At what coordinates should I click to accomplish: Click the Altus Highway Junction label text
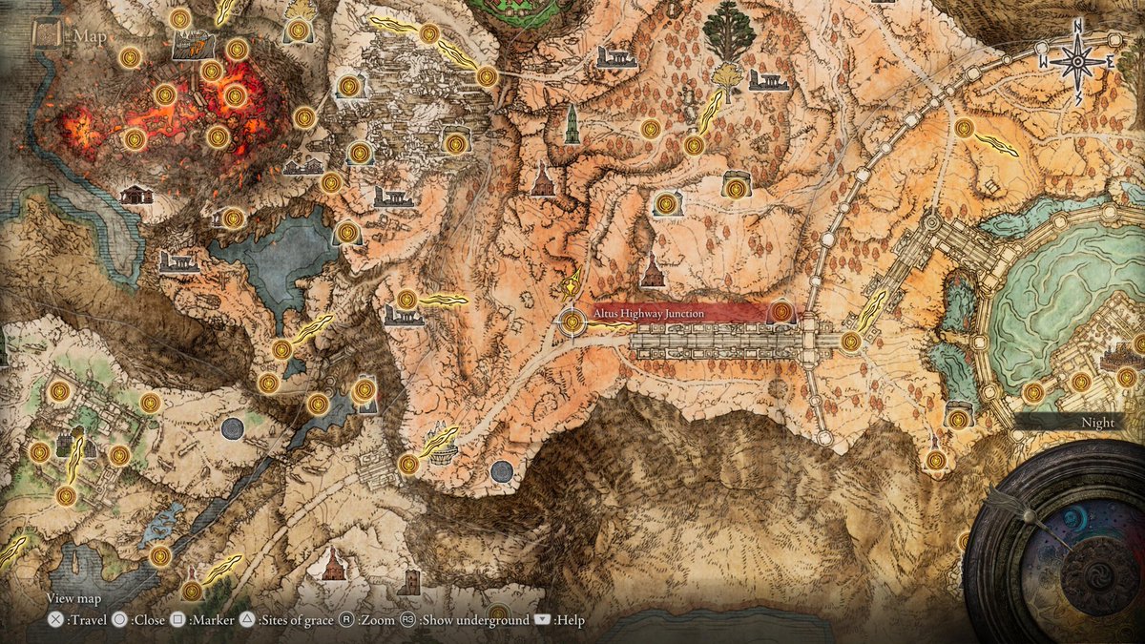click(648, 314)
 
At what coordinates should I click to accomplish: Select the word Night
click(1096, 423)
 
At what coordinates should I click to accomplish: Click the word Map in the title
click(91, 37)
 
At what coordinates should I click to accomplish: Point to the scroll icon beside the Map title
click(46, 35)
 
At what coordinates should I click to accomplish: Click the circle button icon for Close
click(120, 620)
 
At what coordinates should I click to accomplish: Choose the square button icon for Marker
click(177, 620)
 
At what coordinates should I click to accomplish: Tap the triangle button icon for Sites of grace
click(246, 620)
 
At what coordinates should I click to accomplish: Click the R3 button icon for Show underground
click(407, 620)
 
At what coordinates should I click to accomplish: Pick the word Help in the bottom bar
click(569, 620)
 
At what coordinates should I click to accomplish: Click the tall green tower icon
click(572, 124)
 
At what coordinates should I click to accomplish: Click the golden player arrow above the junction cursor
click(572, 282)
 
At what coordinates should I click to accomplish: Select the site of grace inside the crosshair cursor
click(572, 322)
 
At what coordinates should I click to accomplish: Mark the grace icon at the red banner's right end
click(781, 312)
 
